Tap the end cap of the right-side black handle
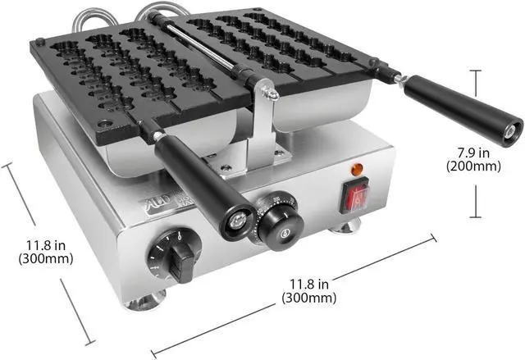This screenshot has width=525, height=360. (x=513, y=129)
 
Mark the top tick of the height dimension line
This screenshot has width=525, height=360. (x=475, y=71)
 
